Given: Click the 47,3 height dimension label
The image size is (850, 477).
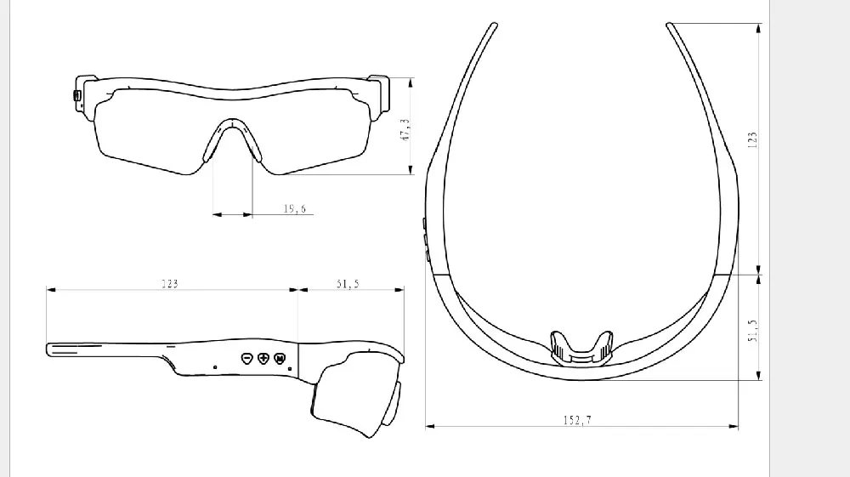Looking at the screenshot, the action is [405, 130].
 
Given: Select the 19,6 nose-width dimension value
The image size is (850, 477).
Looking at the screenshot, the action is [294, 208].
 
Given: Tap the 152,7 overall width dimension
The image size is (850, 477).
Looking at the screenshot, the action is [577, 420].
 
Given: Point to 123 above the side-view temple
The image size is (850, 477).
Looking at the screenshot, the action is [170, 283].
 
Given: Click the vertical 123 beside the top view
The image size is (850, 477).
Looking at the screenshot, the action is [752, 139].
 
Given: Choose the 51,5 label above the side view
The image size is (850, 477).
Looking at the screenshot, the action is [348, 283].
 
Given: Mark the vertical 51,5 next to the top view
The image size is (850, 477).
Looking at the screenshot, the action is [752, 330].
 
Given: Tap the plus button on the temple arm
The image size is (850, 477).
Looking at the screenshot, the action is [263, 358].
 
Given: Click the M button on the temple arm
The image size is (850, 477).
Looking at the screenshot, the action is [280, 358].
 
